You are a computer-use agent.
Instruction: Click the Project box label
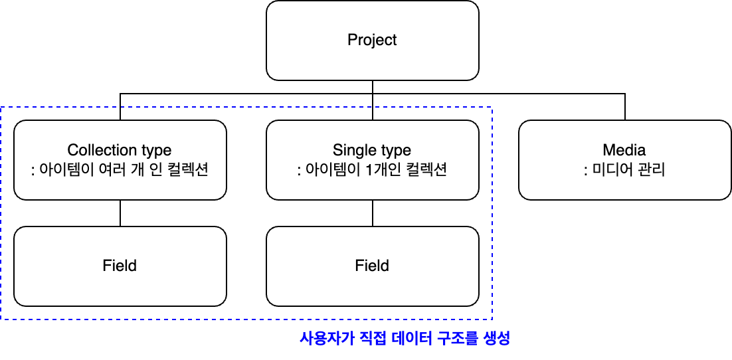click(372, 40)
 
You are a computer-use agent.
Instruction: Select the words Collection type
click(120, 150)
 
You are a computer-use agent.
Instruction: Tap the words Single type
click(372, 150)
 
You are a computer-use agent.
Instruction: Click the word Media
click(624, 150)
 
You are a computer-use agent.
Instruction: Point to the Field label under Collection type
click(120, 266)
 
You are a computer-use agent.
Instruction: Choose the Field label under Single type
click(372, 266)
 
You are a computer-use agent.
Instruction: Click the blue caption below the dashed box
click(405, 337)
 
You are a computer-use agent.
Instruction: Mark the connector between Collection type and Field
click(120, 213)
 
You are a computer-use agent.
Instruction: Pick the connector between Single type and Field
click(372, 213)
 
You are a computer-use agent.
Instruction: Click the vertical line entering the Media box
click(624, 107)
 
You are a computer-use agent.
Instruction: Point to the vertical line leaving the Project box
click(372, 87)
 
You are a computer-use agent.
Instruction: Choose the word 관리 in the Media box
click(651, 171)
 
